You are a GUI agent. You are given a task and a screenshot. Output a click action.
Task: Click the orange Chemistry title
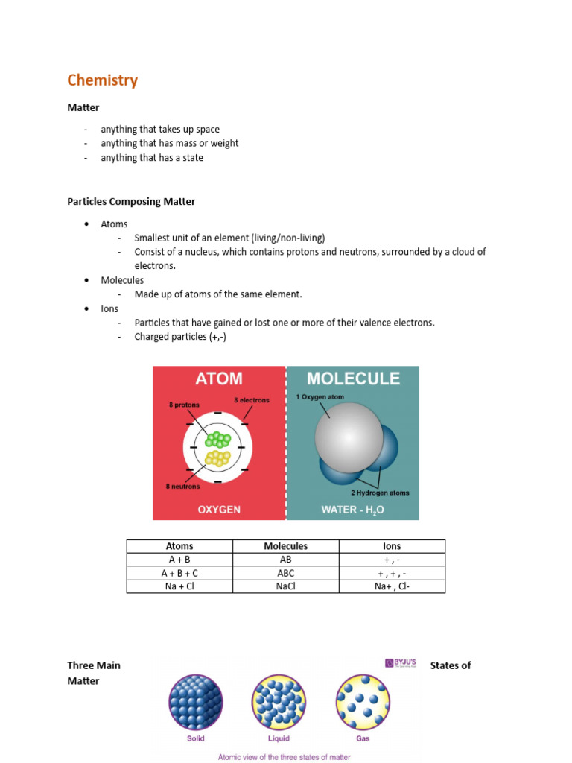[102, 80]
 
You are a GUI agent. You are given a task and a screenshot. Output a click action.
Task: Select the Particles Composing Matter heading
[131, 201]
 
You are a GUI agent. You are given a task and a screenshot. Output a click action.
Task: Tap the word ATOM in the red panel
[219, 379]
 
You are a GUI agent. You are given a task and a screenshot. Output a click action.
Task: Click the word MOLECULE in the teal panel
[353, 379]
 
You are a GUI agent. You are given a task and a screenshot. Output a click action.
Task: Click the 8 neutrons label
[182, 487]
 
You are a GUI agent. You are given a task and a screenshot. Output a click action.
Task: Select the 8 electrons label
[251, 400]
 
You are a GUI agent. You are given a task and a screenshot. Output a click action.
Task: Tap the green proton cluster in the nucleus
[217, 439]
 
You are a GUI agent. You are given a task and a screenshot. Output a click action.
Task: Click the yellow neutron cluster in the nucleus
[217, 457]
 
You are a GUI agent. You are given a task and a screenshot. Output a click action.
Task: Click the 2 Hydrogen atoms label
[380, 493]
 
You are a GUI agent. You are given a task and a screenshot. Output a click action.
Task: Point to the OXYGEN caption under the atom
[219, 510]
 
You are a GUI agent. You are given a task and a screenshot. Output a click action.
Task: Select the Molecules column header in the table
[286, 546]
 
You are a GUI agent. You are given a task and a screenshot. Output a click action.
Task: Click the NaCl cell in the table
[286, 586]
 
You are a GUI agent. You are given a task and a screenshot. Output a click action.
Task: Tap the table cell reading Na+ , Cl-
[392, 586]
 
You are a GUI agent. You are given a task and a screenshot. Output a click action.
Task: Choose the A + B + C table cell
[179, 573]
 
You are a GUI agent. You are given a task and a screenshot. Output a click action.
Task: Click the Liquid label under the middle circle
[279, 739]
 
